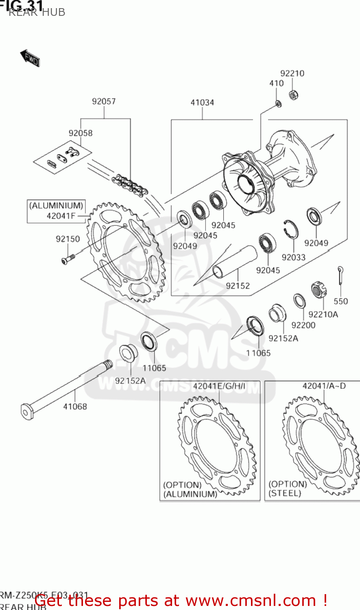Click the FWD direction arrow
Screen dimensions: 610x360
click(30, 58)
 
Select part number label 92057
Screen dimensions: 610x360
click(104, 101)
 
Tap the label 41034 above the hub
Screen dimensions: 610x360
click(202, 102)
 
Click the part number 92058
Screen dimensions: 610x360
click(81, 133)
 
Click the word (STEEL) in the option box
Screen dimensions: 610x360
click(285, 493)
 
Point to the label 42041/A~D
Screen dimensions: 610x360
click(324, 386)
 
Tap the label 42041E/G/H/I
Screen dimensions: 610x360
click(219, 386)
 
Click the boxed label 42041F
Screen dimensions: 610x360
click(61, 216)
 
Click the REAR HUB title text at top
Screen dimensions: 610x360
click(37, 12)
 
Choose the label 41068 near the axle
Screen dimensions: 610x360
click(75, 406)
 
